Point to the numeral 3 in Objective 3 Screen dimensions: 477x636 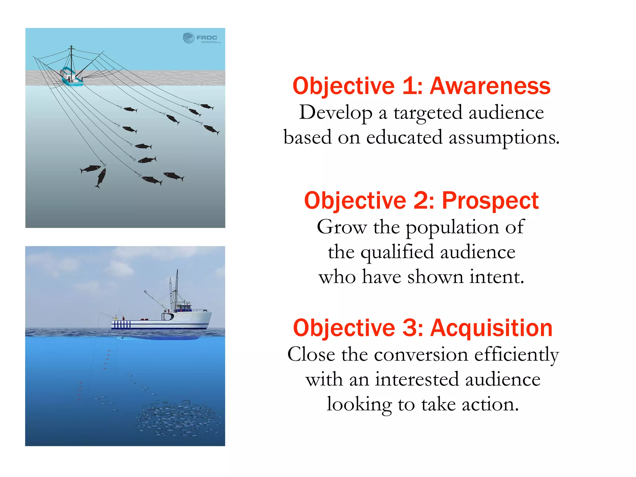[x=410, y=328]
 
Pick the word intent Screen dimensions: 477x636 [x=497, y=277]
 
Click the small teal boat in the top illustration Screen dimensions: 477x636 [x=71, y=78]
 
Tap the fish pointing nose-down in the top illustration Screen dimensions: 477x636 [x=101, y=178]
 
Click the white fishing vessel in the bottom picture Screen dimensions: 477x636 [x=161, y=320]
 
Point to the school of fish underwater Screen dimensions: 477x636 [x=177, y=418]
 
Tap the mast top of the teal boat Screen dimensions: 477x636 [x=71, y=47]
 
